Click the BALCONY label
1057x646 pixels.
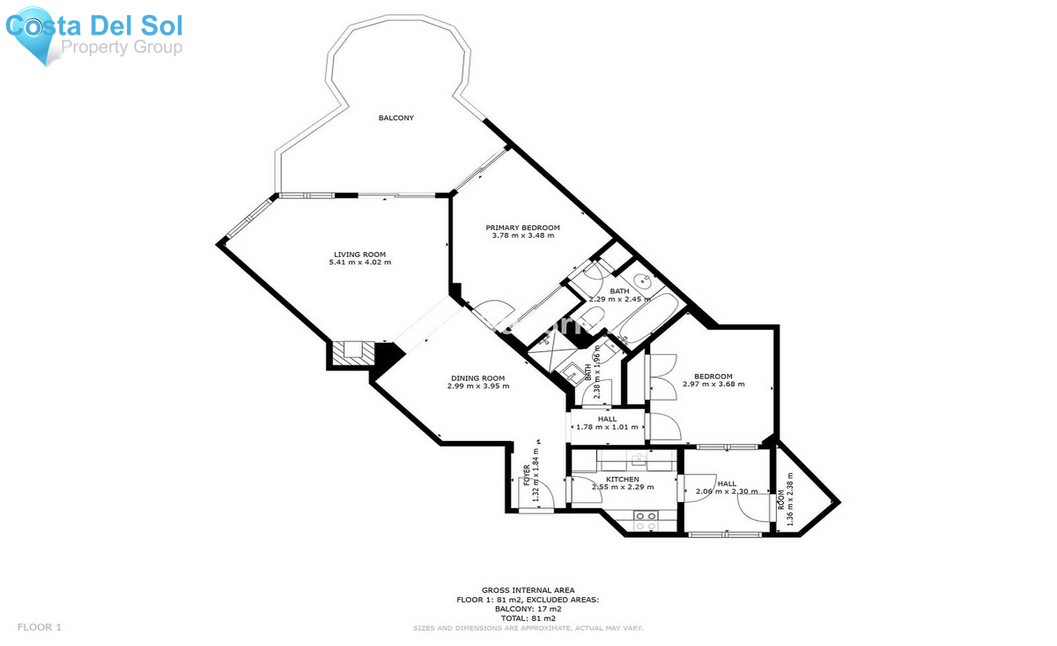396,118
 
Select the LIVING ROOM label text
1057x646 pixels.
359,254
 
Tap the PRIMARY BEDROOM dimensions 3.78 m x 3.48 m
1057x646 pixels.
523,235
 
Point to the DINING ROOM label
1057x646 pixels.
477,378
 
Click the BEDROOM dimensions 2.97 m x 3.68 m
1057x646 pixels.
713,384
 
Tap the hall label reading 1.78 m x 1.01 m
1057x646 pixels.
607,427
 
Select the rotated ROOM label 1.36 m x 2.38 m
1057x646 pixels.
785,499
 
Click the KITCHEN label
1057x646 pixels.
622,479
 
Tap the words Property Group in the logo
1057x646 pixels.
122,47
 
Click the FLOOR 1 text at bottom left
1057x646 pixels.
39,627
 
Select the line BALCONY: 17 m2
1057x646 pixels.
527,609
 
